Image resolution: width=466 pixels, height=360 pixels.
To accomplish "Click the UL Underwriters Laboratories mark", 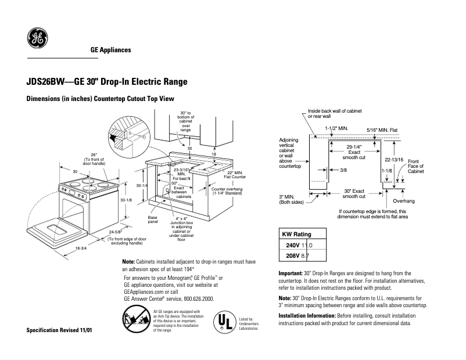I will (x=225, y=322).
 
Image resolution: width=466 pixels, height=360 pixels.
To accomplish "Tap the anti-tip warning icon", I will (x=136, y=321).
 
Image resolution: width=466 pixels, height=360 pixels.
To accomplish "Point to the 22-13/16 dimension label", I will (x=394, y=158).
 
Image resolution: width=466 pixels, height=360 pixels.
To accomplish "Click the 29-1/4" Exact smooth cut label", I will (x=353, y=152).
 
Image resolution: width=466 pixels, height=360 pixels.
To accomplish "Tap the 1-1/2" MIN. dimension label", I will (x=336, y=128).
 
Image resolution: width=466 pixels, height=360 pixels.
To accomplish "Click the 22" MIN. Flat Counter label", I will (x=235, y=174).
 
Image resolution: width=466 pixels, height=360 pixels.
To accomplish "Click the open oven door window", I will (x=49, y=227).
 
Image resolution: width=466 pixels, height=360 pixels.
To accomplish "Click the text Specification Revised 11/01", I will (x=59, y=330).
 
